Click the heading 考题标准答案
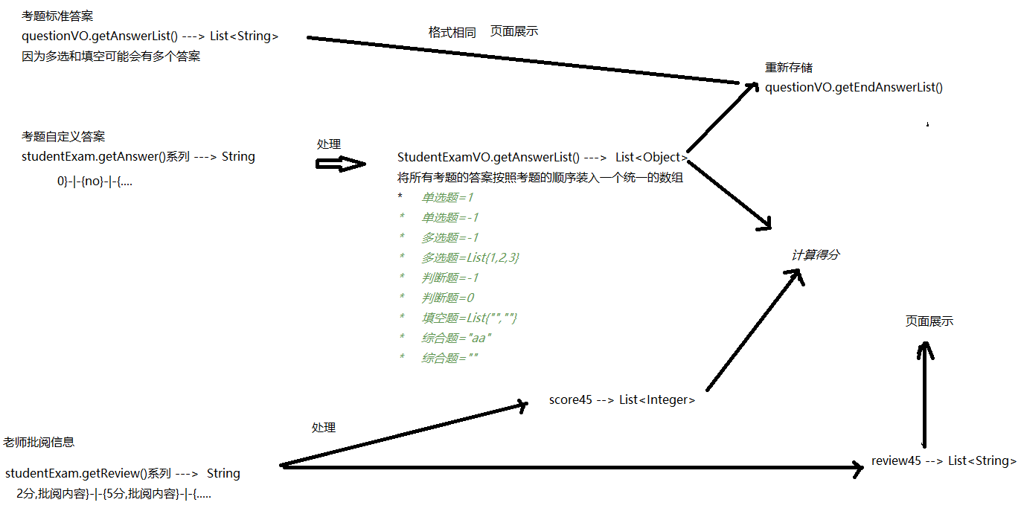(57, 16)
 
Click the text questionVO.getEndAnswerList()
(854, 87)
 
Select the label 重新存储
(789, 68)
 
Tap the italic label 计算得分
(816, 254)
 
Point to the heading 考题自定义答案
(63, 136)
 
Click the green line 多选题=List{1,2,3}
(470, 257)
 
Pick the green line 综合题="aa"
(456, 338)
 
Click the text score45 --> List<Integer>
(621, 400)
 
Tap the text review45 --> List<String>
(944, 460)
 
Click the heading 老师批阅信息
(39, 442)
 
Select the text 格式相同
(452, 32)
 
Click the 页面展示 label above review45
(929, 321)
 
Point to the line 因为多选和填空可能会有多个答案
(111, 56)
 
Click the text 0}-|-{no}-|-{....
(95, 180)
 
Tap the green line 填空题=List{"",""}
(469, 318)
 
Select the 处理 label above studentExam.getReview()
(324, 427)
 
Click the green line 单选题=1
(447, 197)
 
